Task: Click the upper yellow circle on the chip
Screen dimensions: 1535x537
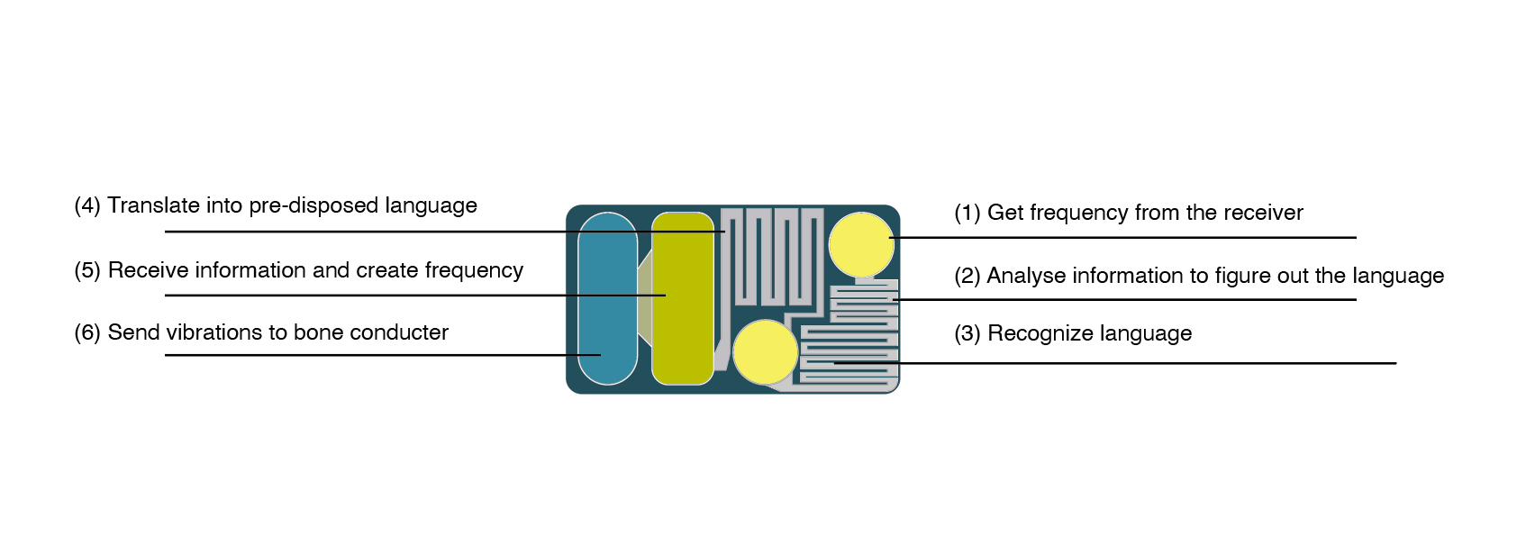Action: point(861,245)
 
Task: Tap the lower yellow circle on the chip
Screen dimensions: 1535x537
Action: point(766,351)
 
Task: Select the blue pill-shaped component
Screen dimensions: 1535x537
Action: point(608,298)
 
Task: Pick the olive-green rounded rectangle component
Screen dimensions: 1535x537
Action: point(683,298)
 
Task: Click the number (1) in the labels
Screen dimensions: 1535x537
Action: point(967,214)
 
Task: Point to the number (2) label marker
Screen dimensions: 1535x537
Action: point(967,277)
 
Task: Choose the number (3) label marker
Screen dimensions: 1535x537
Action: point(967,334)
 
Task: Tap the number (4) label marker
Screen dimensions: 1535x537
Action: point(87,205)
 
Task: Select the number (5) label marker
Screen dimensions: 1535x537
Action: point(87,271)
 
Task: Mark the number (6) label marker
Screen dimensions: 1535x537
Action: point(87,332)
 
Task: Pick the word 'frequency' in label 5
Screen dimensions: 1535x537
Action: point(474,271)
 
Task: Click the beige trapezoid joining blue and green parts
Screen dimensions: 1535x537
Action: point(644,298)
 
